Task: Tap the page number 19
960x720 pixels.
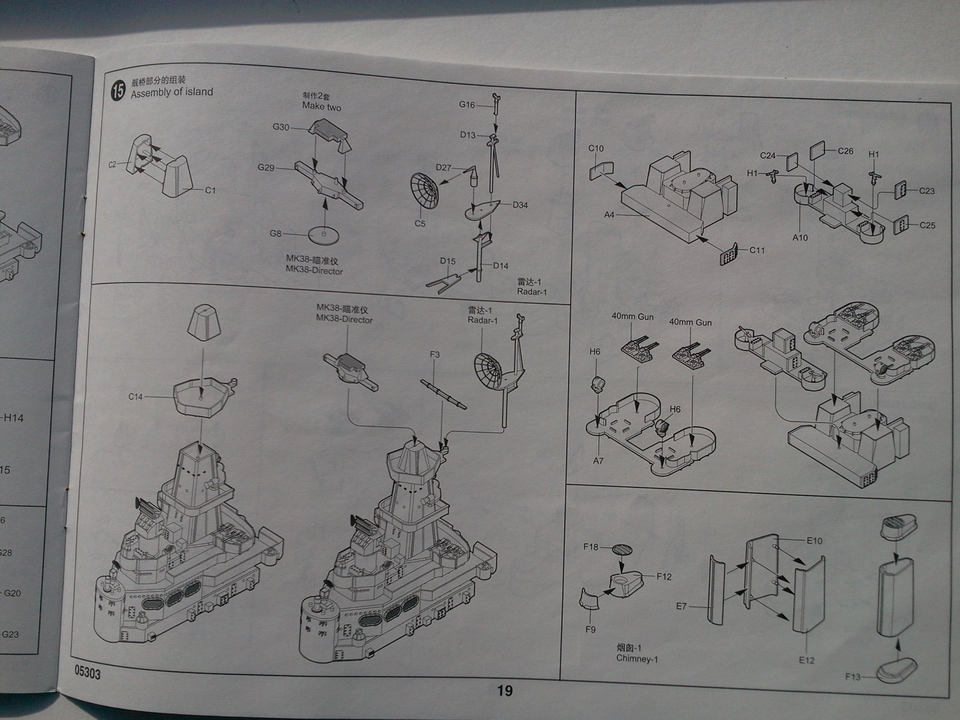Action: pos(505,691)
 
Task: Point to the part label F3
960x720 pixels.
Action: pos(435,355)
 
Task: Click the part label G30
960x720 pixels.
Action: pos(281,127)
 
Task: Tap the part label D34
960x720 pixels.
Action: pos(520,205)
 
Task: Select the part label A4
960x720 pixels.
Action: pos(610,214)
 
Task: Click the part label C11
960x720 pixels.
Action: pos(757,250)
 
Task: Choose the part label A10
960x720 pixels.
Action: pos(800,238)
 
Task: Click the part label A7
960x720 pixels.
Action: pos(598,461)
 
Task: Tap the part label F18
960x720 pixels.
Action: pos(591,547)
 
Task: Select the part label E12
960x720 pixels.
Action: pos(806,659)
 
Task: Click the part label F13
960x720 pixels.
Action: pos(853,677)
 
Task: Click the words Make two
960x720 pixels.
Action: pos(322,106)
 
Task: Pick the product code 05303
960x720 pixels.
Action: pos(88,674)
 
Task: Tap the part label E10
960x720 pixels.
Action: pos(814,541)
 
